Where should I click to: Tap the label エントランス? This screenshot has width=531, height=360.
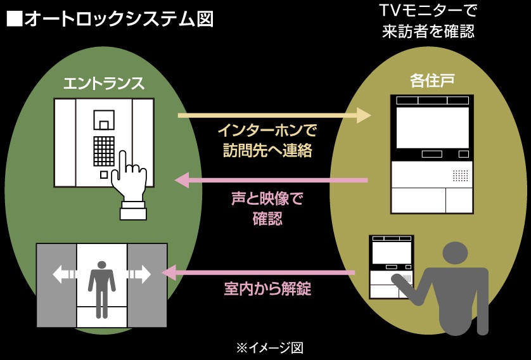pyautogui.click(x=104, y=84)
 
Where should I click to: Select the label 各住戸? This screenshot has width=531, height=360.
pyautogui.click(x=432, y=80)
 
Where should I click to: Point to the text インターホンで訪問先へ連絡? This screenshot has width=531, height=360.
pyautogui.click(x=267, y=141)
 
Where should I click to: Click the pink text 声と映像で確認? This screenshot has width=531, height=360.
pyautogui.click(x=267, y=209)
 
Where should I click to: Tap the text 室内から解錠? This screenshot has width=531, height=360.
pyautogui.click(x=267, y=289)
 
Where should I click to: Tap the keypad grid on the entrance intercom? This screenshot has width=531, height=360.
pyautogui.click(x=104, y=151)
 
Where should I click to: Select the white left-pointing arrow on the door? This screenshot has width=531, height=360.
pyautogui.click(x=64, y=274)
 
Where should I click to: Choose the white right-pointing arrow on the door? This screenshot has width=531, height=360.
pyautogui.click(x=139, y=274)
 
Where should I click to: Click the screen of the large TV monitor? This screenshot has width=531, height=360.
pyautogui.click(x=432, y=126)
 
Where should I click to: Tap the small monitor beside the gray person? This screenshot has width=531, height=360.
pyautogui.click(x=392, y=267)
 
